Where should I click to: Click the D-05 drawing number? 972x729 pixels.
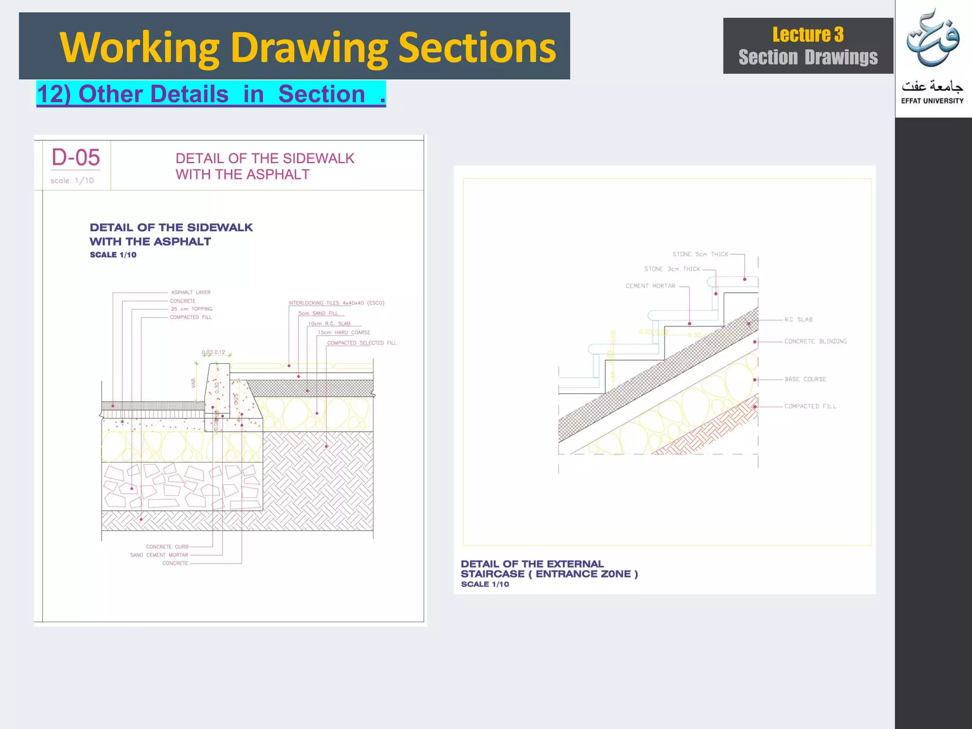pyautogui.click(x=76, y=158)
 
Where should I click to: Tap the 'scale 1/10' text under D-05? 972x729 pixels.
pyautogui.click(x=72, y=181)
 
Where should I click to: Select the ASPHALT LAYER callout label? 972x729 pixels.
pyautogui.click(x=191, y=292)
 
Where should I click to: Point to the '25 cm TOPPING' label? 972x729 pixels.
pyautogui.click(x=192, y=309)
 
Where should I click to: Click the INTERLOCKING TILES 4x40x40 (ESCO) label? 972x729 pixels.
pyautogui.click(x=336, y=303)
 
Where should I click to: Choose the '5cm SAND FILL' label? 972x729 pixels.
pyautogui.click(x=318, y=313)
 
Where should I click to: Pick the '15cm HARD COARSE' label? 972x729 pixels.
pyautogui.click(x=344, y=333)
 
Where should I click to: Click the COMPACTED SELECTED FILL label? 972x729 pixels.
pyautogui.click(x=361, y=343)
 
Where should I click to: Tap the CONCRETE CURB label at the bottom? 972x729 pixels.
pyautogui.click(x=167, y=547)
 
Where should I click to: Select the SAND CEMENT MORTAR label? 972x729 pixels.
pyautogui.click(x=159, y=555)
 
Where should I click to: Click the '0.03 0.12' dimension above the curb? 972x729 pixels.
pyautogui.click(x=213, y=352)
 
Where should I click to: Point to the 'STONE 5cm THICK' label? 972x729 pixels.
pyautogui.click(x=700, y=254)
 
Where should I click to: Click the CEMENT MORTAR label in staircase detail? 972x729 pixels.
pyautogui.click(x=650, y=286)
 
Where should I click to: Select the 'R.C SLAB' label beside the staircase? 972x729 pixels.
pyautogui.click(x=798, y=320)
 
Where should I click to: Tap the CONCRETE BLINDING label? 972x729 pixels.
pyautogui.click(x=815, y=341)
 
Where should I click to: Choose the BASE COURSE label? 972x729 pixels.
pyautogui.click(x=805, y=379)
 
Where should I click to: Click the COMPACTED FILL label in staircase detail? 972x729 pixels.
pyautogui.click(x=810, y=406)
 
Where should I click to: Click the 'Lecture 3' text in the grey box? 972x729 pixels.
pyautogui.click(x=808, y=35)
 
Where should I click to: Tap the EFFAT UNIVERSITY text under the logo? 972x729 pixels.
pyautogui.click(x=932, y=101)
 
